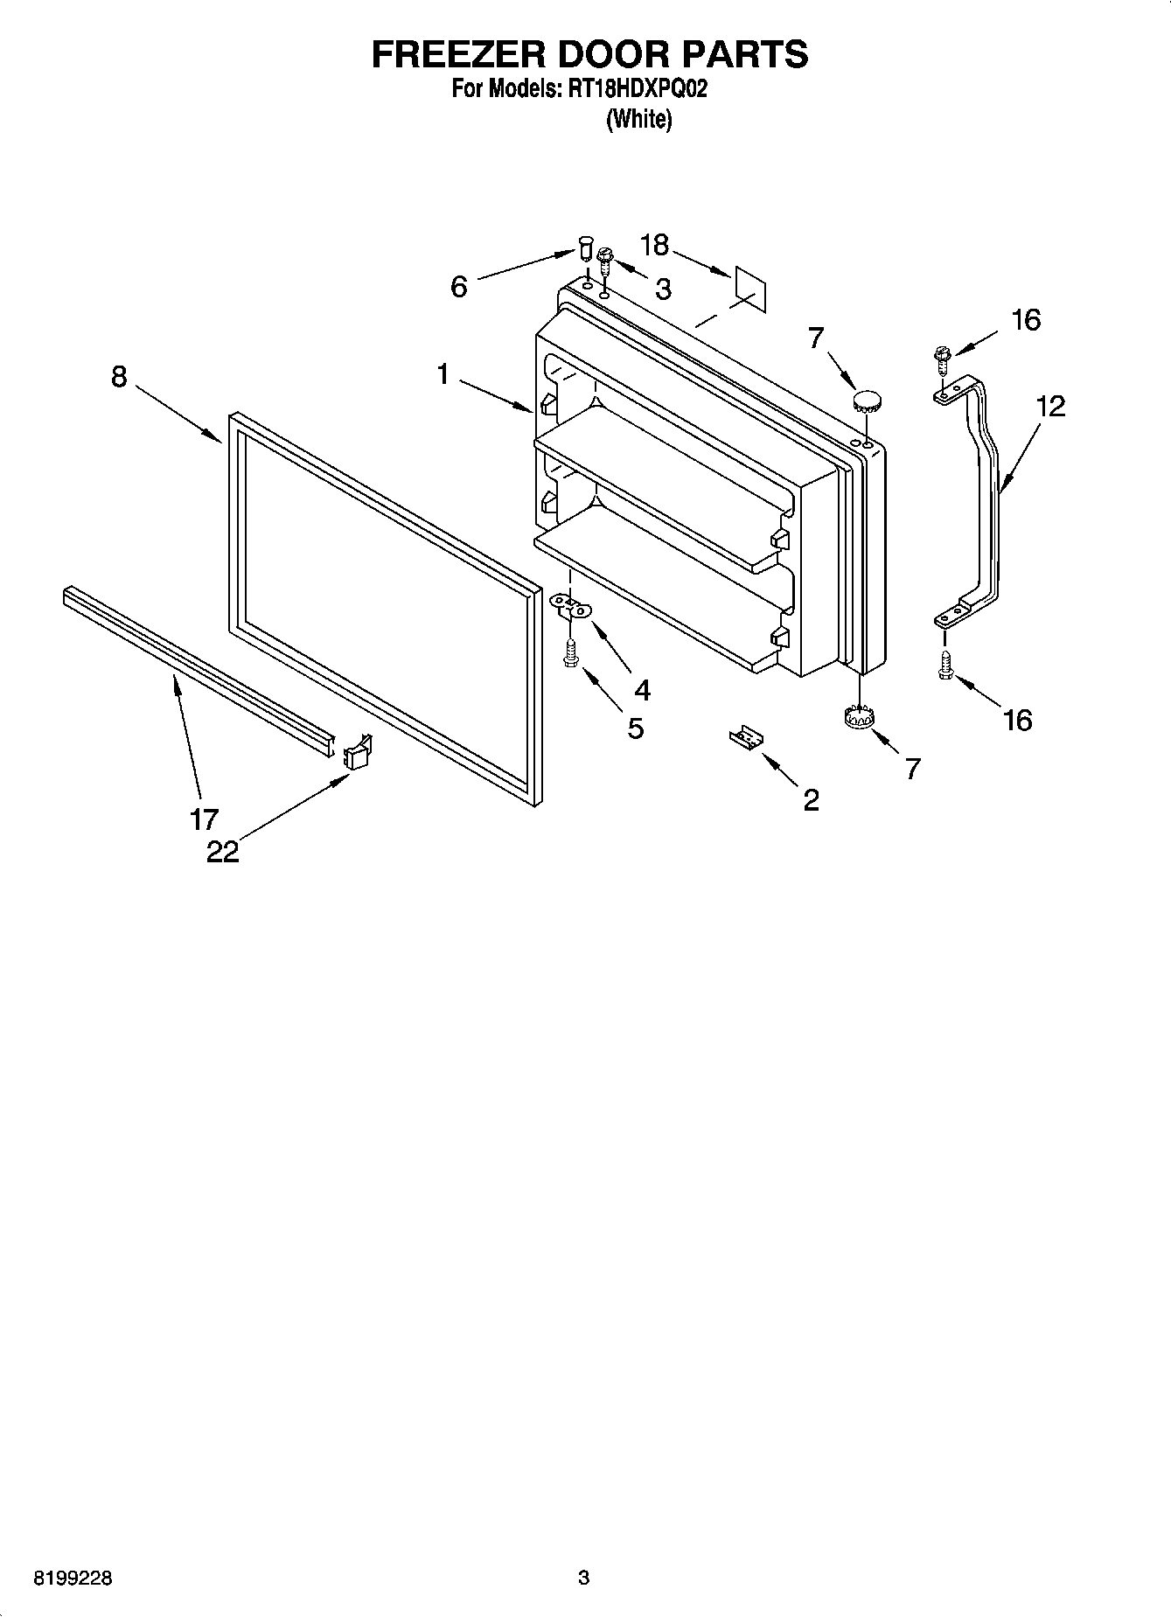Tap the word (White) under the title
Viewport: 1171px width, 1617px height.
(x=639, y=119)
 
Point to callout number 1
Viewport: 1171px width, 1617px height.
(x=443, y=374)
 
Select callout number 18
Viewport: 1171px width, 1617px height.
(x=654, y=245)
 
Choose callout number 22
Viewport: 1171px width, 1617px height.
(x=222, y=852)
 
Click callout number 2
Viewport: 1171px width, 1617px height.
(x=812, y=799)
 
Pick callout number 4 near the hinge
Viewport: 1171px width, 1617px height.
(x=643, y=690)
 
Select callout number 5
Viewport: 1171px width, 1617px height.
(x=636, y=728)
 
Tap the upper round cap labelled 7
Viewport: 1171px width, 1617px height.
(x=867, y=402)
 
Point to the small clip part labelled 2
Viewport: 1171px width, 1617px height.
(x=746, y=737)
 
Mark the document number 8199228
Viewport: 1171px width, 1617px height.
(x=73, y=1579)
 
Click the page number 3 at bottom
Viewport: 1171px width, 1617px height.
(x=584, y=1579)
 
